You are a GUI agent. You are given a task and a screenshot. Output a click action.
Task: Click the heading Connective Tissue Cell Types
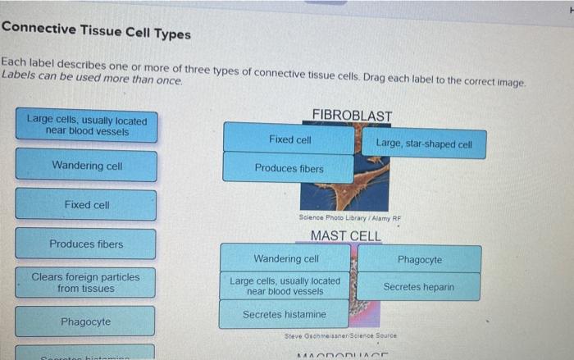pos(96,33)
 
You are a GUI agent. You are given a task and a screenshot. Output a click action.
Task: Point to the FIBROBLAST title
pos(352,116)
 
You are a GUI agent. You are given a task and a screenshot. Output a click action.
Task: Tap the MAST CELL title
pos(345,236)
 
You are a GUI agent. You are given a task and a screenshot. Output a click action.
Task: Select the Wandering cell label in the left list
pos(86,166)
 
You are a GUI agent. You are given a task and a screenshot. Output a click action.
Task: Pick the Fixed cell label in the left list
pos(86,205)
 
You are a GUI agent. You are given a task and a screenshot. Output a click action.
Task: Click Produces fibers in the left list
pos(86,244)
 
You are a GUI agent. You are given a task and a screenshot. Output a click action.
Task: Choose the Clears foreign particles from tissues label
pos(86,283)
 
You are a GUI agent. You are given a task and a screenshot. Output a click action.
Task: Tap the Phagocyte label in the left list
pos(86,322)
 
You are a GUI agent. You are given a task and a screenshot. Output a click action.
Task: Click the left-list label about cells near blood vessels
pos(86,125)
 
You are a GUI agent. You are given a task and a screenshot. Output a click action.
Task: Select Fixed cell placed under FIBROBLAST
pos(289,139)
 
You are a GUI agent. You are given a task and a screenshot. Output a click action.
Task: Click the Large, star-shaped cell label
pos(423,144)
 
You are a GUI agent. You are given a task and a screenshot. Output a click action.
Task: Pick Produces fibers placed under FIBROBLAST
pos(289,169)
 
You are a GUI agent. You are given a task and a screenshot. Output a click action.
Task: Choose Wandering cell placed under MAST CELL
pos(285,259)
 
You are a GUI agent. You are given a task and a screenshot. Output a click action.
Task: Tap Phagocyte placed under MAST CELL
pos(419,260)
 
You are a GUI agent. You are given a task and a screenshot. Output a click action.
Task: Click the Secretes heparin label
pos(418,288)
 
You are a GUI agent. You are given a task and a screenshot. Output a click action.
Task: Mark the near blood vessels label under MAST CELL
pos(285,286)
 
